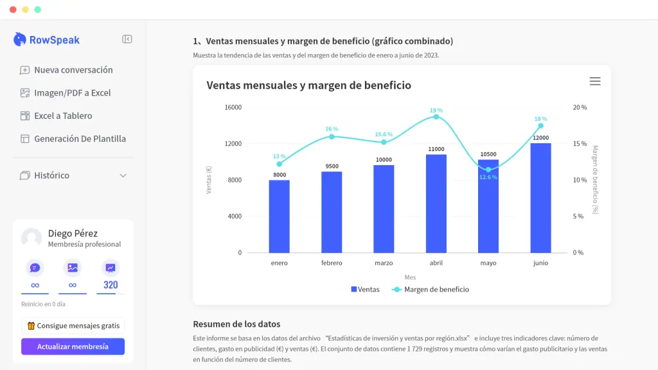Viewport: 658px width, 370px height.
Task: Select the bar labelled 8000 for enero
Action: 279,216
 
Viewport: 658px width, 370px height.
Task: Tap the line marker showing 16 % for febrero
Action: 332,137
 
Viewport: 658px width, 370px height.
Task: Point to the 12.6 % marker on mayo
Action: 488,170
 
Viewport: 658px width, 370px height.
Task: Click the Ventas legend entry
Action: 365,290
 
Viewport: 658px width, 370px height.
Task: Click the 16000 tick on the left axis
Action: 233,107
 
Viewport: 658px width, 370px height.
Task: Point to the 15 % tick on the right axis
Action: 580,144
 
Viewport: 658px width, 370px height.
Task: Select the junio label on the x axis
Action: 540,263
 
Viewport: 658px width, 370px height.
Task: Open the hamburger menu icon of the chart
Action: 595,82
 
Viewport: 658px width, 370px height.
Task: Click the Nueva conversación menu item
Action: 73,70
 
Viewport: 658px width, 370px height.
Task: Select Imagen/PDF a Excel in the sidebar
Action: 72,93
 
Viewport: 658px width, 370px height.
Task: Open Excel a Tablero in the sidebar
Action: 63,116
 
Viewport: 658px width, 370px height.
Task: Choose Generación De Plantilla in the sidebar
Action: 80,139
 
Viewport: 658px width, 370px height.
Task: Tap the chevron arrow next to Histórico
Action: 123,175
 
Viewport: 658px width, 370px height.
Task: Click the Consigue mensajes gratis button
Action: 73,326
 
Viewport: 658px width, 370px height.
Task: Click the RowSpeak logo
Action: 47,40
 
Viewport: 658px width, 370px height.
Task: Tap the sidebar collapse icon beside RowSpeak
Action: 127,39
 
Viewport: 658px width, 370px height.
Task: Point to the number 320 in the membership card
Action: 111,285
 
